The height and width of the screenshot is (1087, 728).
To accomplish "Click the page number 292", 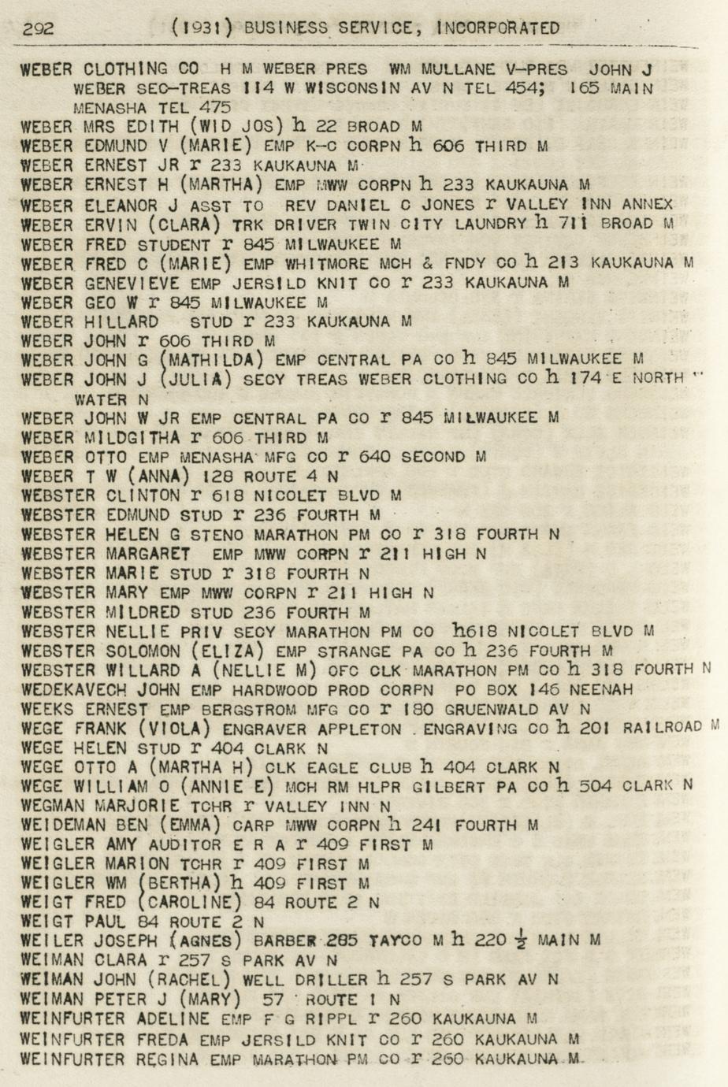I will pyautogui.click(x=39, y=29).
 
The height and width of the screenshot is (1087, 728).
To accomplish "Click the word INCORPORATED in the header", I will pyautogui.click(x=498, y=28).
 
